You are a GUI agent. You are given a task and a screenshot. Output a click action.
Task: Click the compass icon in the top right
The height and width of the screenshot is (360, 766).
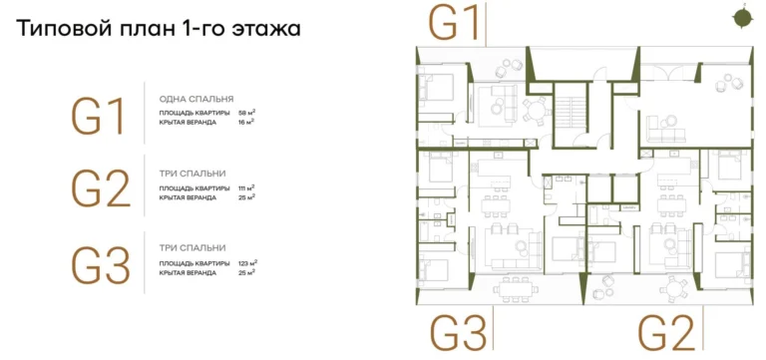(x=741, y=16)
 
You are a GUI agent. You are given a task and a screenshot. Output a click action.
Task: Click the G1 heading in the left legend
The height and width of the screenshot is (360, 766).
(x=100, y=117)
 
